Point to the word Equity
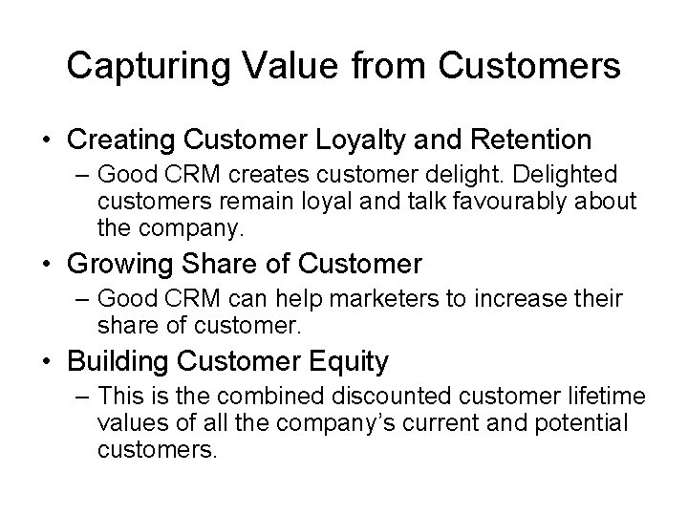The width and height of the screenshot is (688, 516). (x=353, y=362)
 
